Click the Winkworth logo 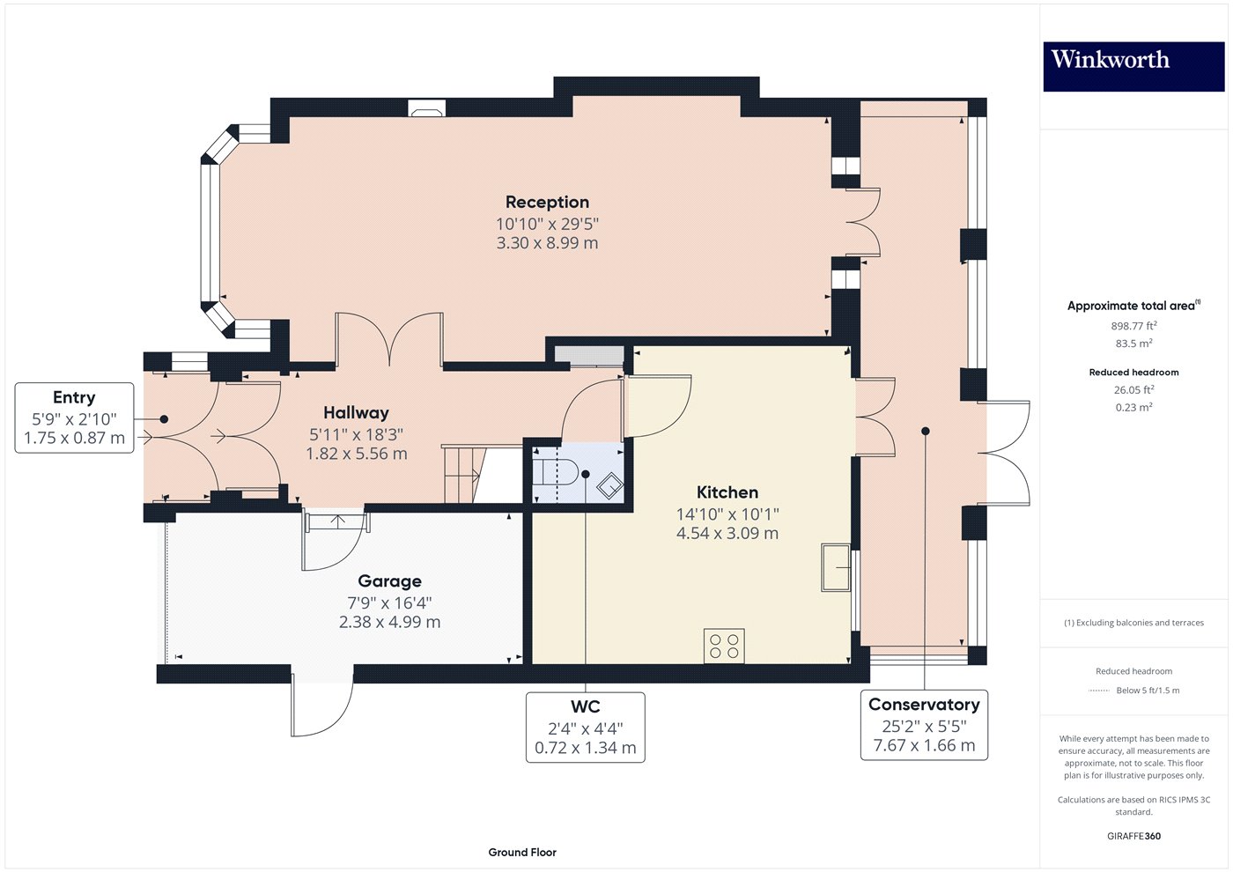tap(1133, 66)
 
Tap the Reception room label tap(547, 202)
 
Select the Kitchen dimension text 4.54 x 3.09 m tap(727, 533)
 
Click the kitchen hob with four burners tap(724, 646)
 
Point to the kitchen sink tap(836, 567)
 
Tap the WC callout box tap(585, 727)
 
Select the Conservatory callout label tap(924, 705)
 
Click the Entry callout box tap(74, 418)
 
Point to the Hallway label tap(356, 412)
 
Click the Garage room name tap(389, 580)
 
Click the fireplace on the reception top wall tap(426, 108)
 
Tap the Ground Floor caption tap(522, 852)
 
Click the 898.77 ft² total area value tap(1133, 326)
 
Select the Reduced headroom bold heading tap(1133, 372)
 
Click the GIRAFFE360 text tap(1133, 836)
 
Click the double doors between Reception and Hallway tap(388, 338)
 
